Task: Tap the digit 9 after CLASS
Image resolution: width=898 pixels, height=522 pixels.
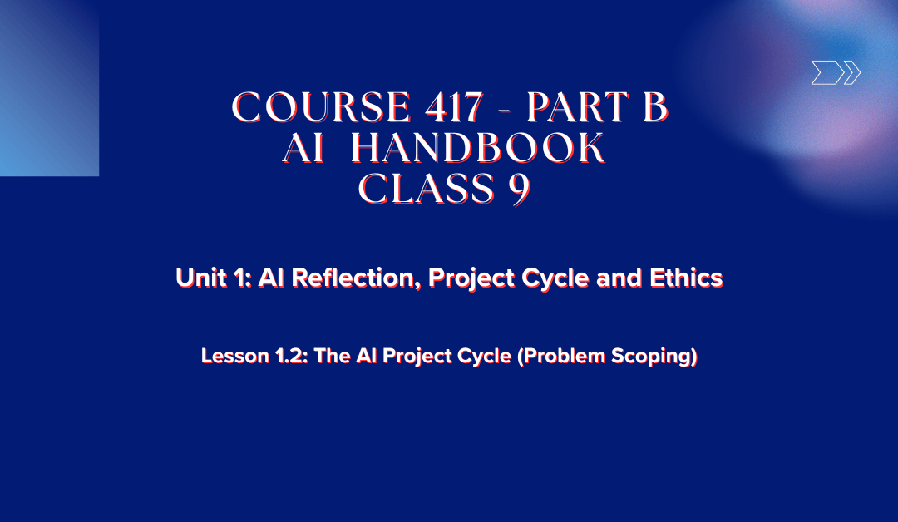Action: click(517, 190)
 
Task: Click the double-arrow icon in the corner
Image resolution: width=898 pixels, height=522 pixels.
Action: click(835, 74)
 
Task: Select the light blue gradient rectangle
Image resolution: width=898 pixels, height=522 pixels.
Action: click(49, 87)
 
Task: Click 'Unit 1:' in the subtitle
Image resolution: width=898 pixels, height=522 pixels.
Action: click(213, 278)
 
